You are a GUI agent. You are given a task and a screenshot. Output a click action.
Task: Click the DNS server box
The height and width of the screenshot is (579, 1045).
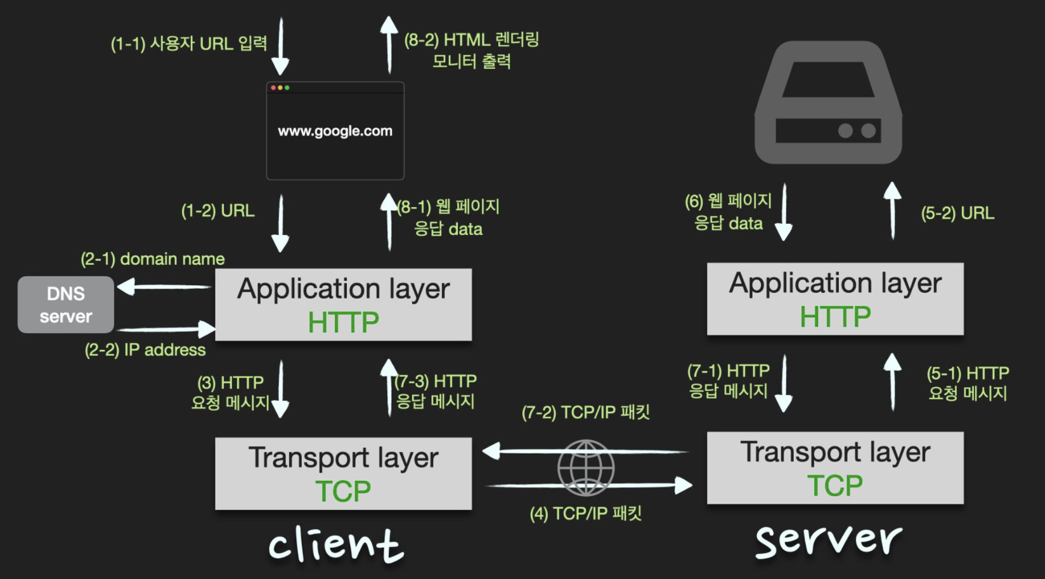tap(66, 305)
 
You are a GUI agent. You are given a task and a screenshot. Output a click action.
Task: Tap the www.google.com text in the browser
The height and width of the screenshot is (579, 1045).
tap(335, 131)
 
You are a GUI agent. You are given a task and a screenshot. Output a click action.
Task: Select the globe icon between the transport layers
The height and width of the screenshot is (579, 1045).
tap(586, 468)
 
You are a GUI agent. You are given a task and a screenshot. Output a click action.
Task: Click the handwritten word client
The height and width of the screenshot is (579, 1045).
tap(336, 545)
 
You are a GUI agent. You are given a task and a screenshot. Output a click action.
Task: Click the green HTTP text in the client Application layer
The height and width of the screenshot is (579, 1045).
tap(343, 322)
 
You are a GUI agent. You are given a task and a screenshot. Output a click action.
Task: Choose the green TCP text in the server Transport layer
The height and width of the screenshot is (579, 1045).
tap(834, 486)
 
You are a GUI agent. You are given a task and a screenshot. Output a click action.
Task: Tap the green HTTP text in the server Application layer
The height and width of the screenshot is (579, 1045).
tap(835, 317)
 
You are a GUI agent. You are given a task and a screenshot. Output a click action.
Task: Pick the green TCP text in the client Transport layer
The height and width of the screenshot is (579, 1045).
tap(343, 492)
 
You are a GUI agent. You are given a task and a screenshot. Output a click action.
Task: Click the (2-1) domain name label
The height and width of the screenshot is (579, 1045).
tap(153, 259)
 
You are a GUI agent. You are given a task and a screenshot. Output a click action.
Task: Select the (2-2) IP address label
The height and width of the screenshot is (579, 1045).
tap(145, 350)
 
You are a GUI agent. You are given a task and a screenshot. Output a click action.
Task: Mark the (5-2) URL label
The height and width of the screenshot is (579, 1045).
tap(957, 213)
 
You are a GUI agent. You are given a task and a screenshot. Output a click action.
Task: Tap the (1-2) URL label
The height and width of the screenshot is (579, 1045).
tap(218, 211)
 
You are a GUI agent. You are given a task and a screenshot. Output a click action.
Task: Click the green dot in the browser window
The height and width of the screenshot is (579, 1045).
tap(287, 87)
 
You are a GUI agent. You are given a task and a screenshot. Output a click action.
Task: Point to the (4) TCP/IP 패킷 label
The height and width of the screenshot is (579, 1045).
tap(586, 513)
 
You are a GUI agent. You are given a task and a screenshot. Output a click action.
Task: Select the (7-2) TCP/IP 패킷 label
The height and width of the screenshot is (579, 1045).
tap(586, 412)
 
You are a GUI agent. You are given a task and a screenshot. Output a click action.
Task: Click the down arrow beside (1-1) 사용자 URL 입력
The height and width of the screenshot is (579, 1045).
tap(280, 48)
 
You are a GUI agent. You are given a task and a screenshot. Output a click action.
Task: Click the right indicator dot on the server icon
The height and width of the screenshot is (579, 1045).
tap(869, 130)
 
